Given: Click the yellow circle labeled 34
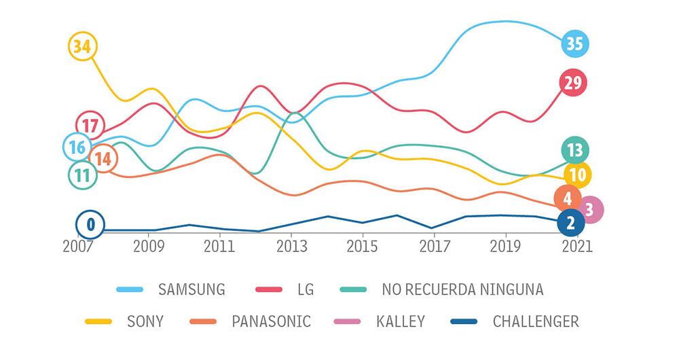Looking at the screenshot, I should coord(83,46).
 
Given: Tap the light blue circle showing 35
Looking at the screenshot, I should coord(574,44).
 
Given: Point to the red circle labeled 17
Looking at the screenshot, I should coord(90,125).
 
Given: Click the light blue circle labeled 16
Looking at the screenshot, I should coord(77,147).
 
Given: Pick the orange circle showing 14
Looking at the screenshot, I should coord(103,158).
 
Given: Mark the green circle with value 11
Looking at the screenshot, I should coord(82,175).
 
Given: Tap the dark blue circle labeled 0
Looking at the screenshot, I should coord(90,224).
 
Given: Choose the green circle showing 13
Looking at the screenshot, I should coord(575,150).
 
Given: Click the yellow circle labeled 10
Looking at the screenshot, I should coord(577,175).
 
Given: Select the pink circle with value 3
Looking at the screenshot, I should coord(589,210).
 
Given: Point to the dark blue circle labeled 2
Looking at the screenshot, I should coord(570,222).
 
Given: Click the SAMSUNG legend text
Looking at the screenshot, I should coord(191,289).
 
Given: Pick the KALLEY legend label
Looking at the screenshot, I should coord(401,321).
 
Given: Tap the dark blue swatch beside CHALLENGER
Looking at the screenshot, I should coord(464,321).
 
